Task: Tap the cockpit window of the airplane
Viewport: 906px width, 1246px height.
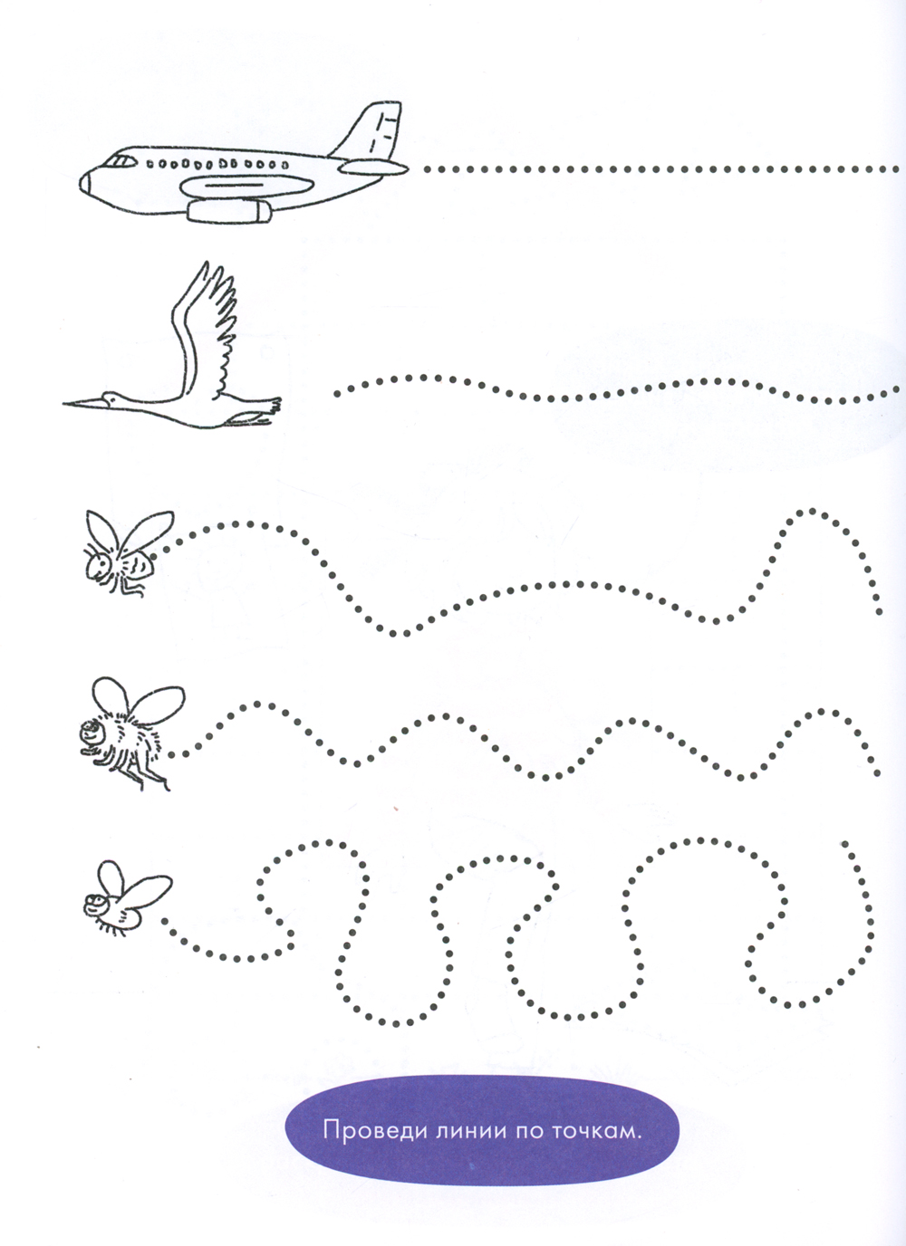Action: click(x=120, y=161)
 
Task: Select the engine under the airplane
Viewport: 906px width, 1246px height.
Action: click(x=228, y=211)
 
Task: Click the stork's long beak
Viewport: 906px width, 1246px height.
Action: click(x=82, y=402)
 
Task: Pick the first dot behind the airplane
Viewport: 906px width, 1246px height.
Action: click(x=428, y=168)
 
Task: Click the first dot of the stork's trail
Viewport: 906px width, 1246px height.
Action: click(x=337, y=394)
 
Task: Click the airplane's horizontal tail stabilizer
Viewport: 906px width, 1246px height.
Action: click(x=374, y=167)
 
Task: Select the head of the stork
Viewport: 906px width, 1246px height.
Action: click(x=111, y=398)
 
